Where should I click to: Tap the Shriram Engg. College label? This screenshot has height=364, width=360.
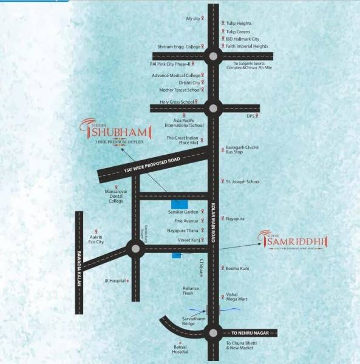pos(179,46)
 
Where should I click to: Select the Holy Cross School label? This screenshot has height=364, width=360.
pos(177,102)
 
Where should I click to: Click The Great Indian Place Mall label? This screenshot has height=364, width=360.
pos(183,141)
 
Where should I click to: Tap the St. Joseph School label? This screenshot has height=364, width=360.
pos(243,181)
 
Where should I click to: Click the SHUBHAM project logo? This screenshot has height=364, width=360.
pos(107,130)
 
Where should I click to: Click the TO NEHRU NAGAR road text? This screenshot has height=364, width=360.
pos(250,333)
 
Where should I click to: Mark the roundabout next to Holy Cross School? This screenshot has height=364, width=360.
pos(212,109)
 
